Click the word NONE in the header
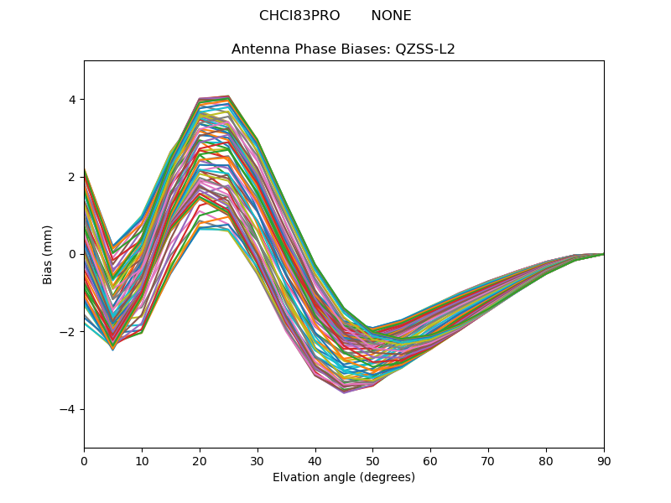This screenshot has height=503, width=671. tap(391, 16)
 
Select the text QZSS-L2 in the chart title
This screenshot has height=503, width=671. tap(425, 49)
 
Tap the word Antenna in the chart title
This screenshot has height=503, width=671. tap(258, 49)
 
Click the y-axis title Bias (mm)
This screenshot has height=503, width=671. tap(48, 254)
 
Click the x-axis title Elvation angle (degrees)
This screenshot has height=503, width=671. tap(344, 477)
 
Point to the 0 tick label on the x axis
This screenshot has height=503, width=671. tap(84, 460)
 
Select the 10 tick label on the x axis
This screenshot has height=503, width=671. tap(142, 460)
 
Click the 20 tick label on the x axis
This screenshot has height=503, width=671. tap(200, 460)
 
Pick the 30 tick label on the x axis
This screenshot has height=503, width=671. tap(257, 460)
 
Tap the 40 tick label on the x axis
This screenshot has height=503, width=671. tap(315, 460)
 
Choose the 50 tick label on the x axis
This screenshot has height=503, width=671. tap(372, 460)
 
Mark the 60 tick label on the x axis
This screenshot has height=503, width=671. tap(430, 460)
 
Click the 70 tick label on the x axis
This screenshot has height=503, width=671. tap(488, 460)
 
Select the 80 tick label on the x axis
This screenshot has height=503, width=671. tap(546, 460)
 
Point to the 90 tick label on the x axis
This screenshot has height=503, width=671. tap(604, 460)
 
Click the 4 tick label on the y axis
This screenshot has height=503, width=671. tap(72, 100)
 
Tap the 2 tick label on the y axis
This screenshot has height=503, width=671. tap(72, 177)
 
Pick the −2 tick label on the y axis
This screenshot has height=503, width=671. tap(69, 332)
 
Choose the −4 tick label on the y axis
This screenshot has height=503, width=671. tap(69, 409)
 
